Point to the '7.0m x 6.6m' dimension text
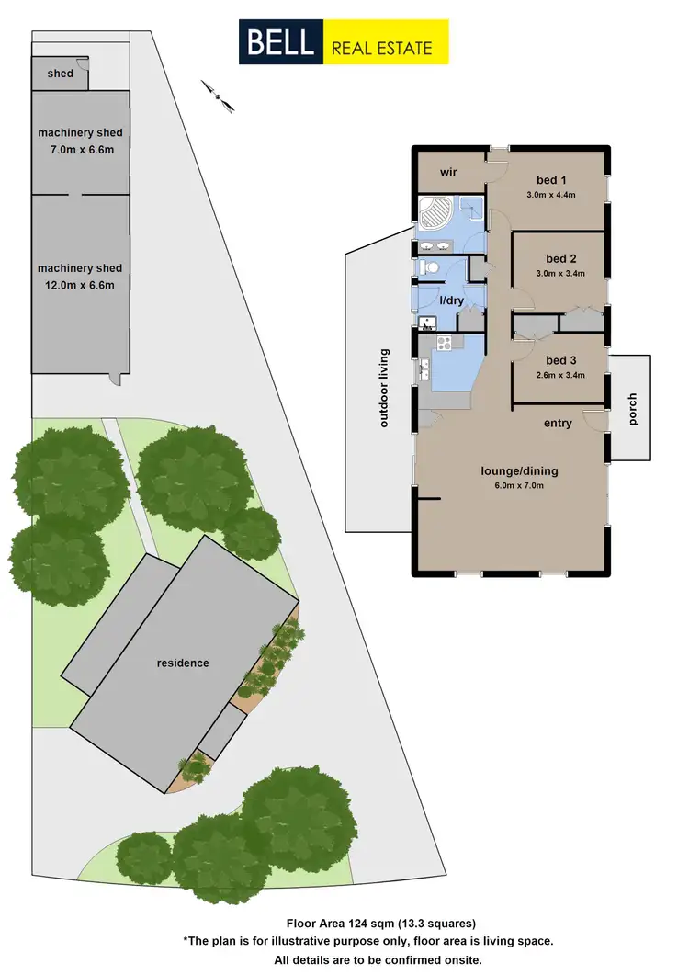pyautogui.click(x=80, y=150)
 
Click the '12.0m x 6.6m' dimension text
pyautogui.click(x=80, y=285)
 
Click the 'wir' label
pyautogui.click(x=449, y=172)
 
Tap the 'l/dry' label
pyautogui.click(x=451, y=300)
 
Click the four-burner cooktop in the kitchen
pyautogui.click(x=446, y=344)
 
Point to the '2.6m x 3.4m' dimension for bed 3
pyautogui.click(x=559, y=375)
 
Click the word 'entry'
pyautogui.click(x=558, y=424)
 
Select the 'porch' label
pyautogui.click(x=632, y=408)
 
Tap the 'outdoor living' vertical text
pyautogui.click(x=385, y=388)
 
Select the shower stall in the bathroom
pyautogui.click(x=469, y=210)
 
